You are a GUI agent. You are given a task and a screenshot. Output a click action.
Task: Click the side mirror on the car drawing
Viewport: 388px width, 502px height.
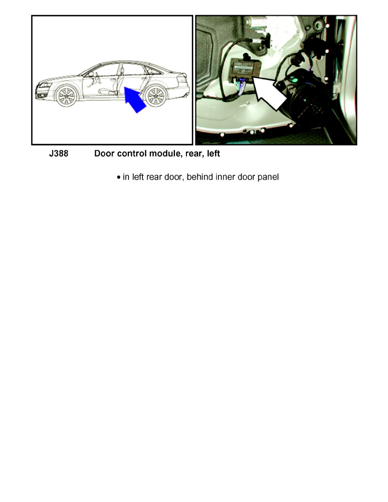[91, 74]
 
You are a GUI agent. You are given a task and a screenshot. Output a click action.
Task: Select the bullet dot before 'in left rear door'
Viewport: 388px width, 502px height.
[119, 177]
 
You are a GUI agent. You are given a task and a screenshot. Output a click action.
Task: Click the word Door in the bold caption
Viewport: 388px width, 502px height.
[104, 153]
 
